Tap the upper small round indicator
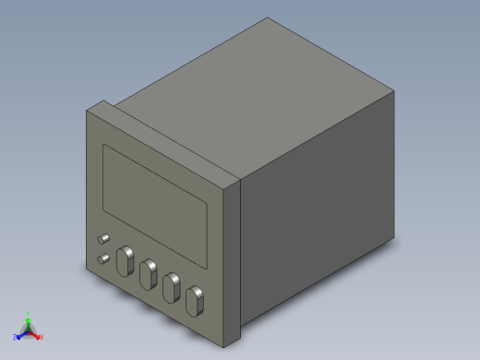click(x=102, y=239)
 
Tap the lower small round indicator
click(x=103, y=258)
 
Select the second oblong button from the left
click(x=147, y=274)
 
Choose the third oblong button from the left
click(x=170, y=287)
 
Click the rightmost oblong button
click(x=194, y=300)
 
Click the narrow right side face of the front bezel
click(x=234, y=258)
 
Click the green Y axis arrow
click(x=28, y=320)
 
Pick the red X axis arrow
click(x=35, y=334)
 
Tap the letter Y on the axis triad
click(x=29, y=313)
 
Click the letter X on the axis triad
click(x=42, y=337)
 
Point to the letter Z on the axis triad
click(x=16, y=337)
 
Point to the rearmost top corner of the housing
click(x=269, y=18)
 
